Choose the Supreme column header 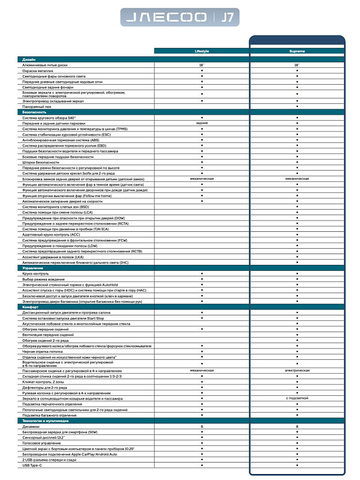coord(297,51)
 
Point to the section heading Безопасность coord(34,112)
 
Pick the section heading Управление coord(32,267)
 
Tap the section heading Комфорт coord(30,306)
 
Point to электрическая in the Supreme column coord(297,371)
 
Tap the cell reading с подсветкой coord(297,398)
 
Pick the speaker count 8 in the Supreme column coord(297,426)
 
